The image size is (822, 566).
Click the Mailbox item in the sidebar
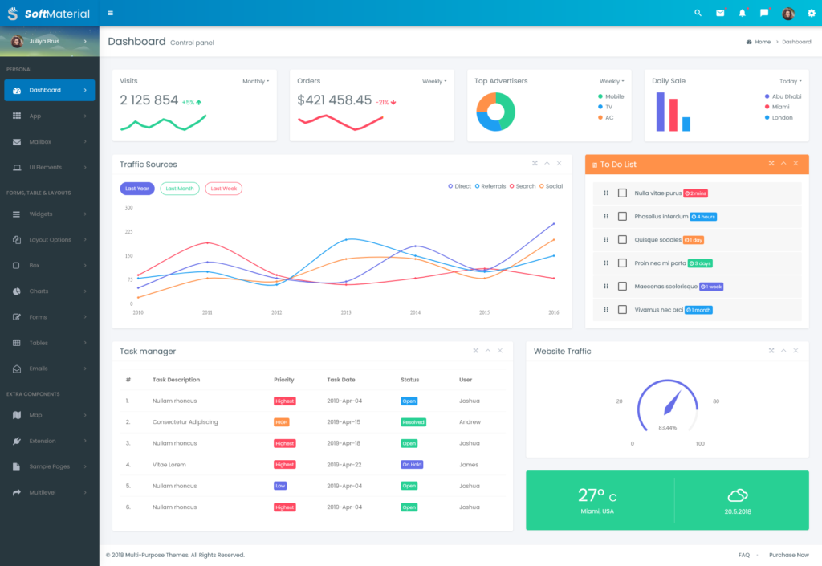[40, 142]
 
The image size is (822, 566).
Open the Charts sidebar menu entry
[39, 291]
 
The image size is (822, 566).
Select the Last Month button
[180, 189]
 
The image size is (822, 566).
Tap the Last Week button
[223, 189]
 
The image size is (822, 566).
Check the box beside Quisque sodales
[622, 239]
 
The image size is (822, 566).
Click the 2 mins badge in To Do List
[695, 193]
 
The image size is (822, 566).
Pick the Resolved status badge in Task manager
[413, 421]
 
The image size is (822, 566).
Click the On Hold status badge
[412, 464]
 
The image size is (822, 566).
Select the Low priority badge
[280, 486]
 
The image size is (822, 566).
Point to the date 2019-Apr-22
[344, 465]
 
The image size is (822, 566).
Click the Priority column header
[284, 380]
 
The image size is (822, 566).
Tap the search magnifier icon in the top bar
[698, 13]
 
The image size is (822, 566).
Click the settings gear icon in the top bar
[811, 13]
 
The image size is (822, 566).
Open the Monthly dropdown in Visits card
[255, 81]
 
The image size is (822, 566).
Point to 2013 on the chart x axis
[346, 312]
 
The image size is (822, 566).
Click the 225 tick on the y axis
[128, 232]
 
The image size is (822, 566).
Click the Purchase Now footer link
[788, 555]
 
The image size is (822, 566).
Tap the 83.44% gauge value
[667, 427]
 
